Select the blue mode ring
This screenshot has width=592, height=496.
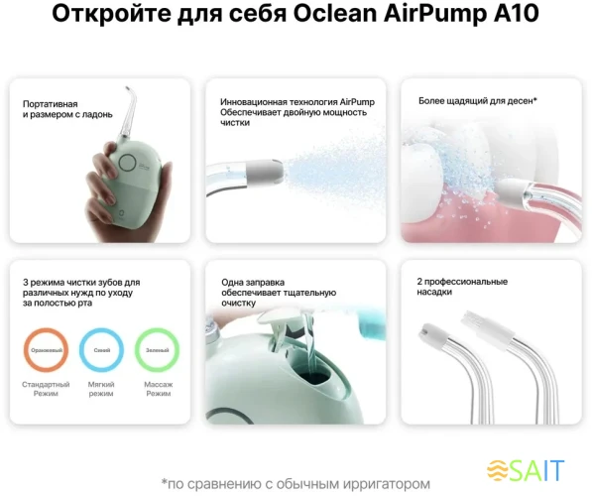(101, 350)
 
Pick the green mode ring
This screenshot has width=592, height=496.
(157, 350)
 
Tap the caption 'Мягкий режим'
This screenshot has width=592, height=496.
(101, 389)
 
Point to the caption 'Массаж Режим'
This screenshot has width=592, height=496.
(158, 389)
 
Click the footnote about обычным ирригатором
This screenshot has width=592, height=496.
(296, 483)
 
